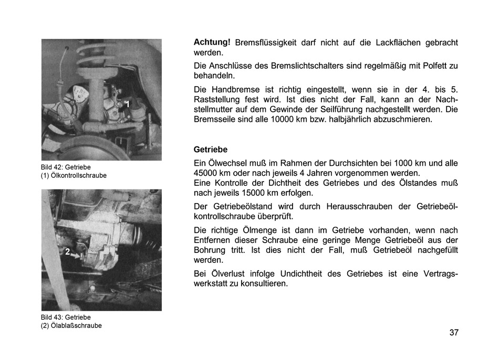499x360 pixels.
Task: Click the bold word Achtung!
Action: [212, 42]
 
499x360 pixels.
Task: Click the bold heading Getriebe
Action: [211, 150]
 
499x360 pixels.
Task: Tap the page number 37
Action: [454, 332]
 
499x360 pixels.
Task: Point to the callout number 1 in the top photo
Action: [127, 104]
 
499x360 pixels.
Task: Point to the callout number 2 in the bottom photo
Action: [68, 252]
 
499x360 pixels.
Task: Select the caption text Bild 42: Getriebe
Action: [66, 167]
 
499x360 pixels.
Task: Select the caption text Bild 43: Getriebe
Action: [66, 317]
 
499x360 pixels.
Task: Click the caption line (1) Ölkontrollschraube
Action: [74, 175]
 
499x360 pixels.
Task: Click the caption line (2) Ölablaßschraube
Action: [71, 325]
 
